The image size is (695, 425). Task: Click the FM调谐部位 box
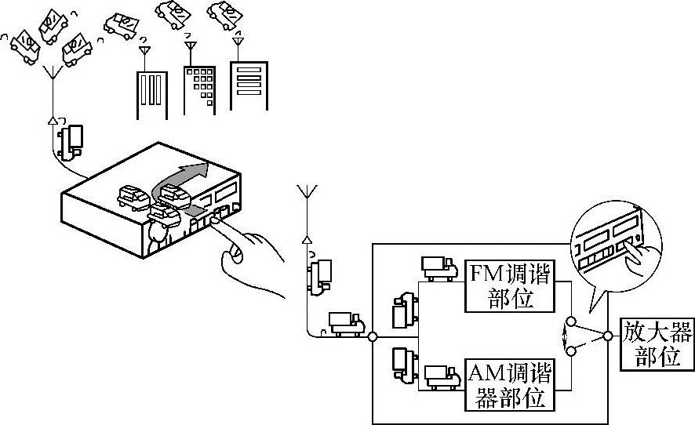pyautogui.click(x=510, y=285)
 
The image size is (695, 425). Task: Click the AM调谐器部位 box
pyautogui.click(x=509, y=384)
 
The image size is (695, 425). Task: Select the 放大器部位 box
pyautogui.click(x=657, y=343)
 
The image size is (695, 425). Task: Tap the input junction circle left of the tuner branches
pyautogui.click(x=373, y=336)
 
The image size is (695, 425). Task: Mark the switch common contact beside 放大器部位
pyautogui.click(x=609, y=336)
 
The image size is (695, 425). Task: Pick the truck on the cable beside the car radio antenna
pyautogui.click(x=74, y=140)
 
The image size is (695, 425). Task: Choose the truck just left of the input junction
pyautogui.click(x=345, y=322)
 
